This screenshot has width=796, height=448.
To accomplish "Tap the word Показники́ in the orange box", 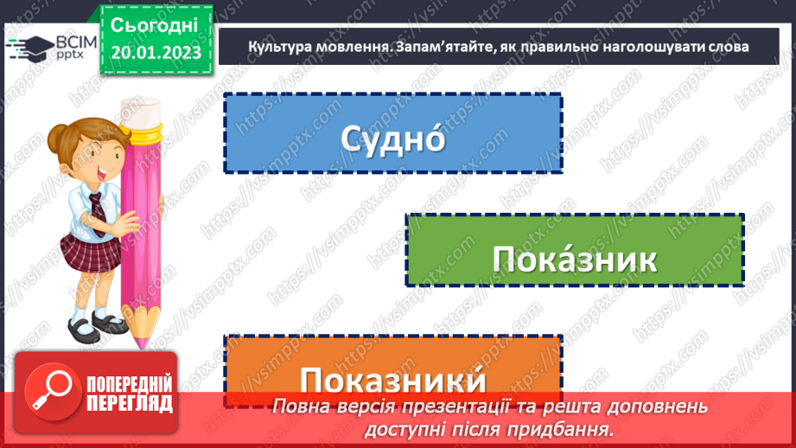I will (x=392, y=381).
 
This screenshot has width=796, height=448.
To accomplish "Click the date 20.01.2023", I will (x=156, y=53).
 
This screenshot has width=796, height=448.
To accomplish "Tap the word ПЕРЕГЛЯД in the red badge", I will (x=129, y=403).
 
